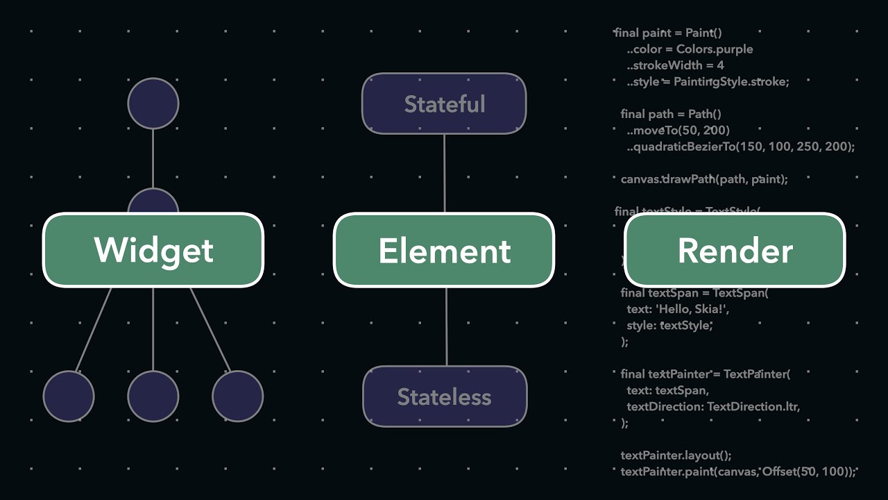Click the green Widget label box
click(x=153, y=250)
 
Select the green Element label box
click(x=444, y=250)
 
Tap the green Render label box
click(x=735, y=250)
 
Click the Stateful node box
click(x=444, y=103)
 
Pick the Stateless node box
click(x=445, y=397)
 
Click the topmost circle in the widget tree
click(x=153, y=103)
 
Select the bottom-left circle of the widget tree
click(x=69, y=396)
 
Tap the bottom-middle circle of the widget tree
click(x=153, y=396)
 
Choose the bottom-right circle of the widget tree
click(x=238, y=396)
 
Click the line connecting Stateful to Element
click(x=445, y=173)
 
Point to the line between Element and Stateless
click(x=446, y=326)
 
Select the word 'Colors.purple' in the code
click(x=715, y=49)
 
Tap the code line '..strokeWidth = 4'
click(x=675, y=65)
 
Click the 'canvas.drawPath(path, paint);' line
click(x=704, y=179)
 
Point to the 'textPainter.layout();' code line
click(x=676, y=456)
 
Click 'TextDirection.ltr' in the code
click(x=753, y=406)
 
